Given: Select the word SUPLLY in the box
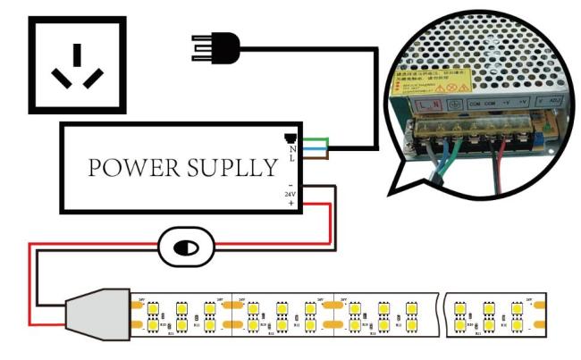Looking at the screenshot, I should (x=232, y=167).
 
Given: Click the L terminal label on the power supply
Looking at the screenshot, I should (x=292, y=157).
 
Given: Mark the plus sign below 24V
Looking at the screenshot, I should (x=290, y=204).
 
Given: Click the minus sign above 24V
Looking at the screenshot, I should (x=290, y=184).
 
